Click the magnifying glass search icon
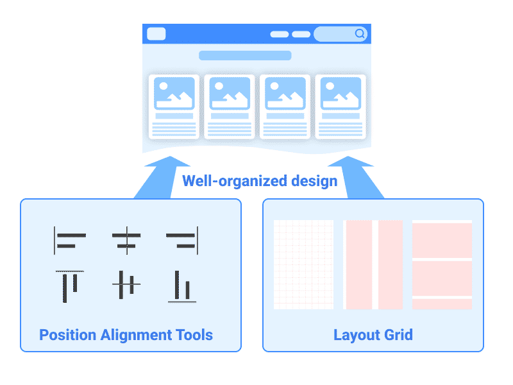coord(360,34)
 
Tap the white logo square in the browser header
coord(156,34)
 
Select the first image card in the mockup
coord(174,107)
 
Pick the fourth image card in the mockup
coord(341,107)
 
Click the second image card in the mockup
coord(230,107)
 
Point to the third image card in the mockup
coord(285,107)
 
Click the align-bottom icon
coord(182,286)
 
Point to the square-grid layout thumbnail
coord(303,264)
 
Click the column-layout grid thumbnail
coord(373,264)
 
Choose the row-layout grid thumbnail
coord(442,264)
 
